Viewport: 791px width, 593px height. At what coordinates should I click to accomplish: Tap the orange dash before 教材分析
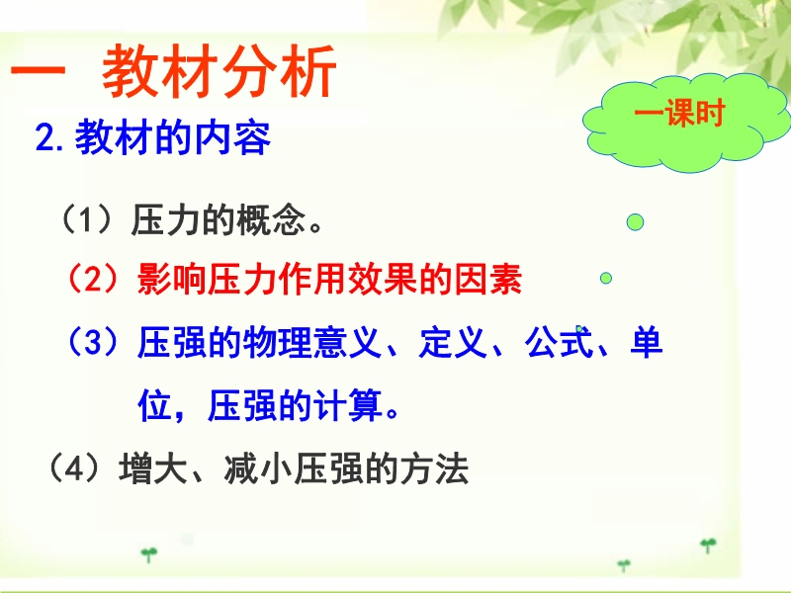point(39,70)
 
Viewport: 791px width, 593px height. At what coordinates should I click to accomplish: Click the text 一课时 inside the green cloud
point(679,113)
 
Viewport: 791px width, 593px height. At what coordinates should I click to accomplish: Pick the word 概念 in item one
point(271,219)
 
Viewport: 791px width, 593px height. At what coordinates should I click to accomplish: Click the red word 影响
point(171,279)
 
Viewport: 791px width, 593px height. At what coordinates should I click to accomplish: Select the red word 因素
point(488,279)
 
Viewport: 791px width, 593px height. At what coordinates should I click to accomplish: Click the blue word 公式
point(559,342)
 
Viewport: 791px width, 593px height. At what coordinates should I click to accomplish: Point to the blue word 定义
point(453,342)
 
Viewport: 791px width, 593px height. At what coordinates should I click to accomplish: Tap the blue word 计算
point(348,405)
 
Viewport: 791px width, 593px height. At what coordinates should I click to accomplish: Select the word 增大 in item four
point(153,468)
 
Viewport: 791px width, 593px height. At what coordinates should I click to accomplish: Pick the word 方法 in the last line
point(434,468)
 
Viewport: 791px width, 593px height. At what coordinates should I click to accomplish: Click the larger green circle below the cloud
point(635,221)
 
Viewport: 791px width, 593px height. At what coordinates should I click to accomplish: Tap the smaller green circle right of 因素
point(606,278)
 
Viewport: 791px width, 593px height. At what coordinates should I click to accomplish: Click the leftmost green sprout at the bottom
point(149,554)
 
